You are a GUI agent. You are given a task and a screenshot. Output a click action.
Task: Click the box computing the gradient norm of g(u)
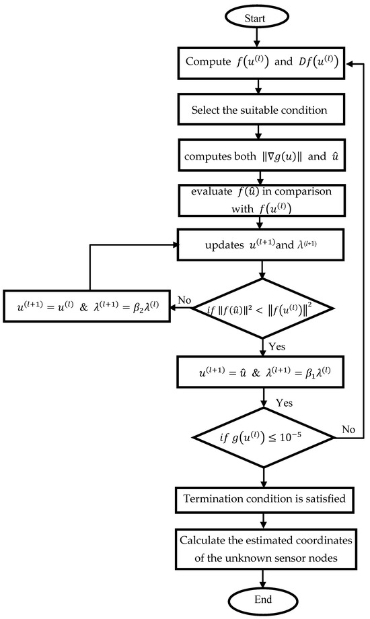pos(262,155)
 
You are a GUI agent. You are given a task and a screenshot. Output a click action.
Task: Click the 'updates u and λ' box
pos(262,243)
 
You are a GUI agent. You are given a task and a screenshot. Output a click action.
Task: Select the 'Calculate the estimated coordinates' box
pos(262,550)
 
